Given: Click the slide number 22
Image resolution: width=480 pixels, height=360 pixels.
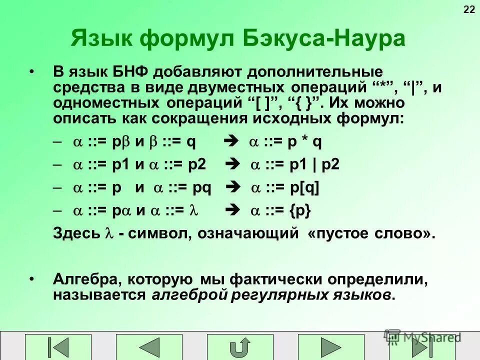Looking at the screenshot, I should (469, 9).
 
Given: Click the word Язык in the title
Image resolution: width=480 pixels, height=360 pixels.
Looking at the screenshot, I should (103, 38).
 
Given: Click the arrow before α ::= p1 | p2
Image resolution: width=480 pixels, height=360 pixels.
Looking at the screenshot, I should (233, 164).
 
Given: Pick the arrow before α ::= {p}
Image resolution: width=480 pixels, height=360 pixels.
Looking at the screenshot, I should (233, 211).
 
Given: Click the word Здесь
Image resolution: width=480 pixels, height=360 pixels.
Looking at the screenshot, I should (76, 233).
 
